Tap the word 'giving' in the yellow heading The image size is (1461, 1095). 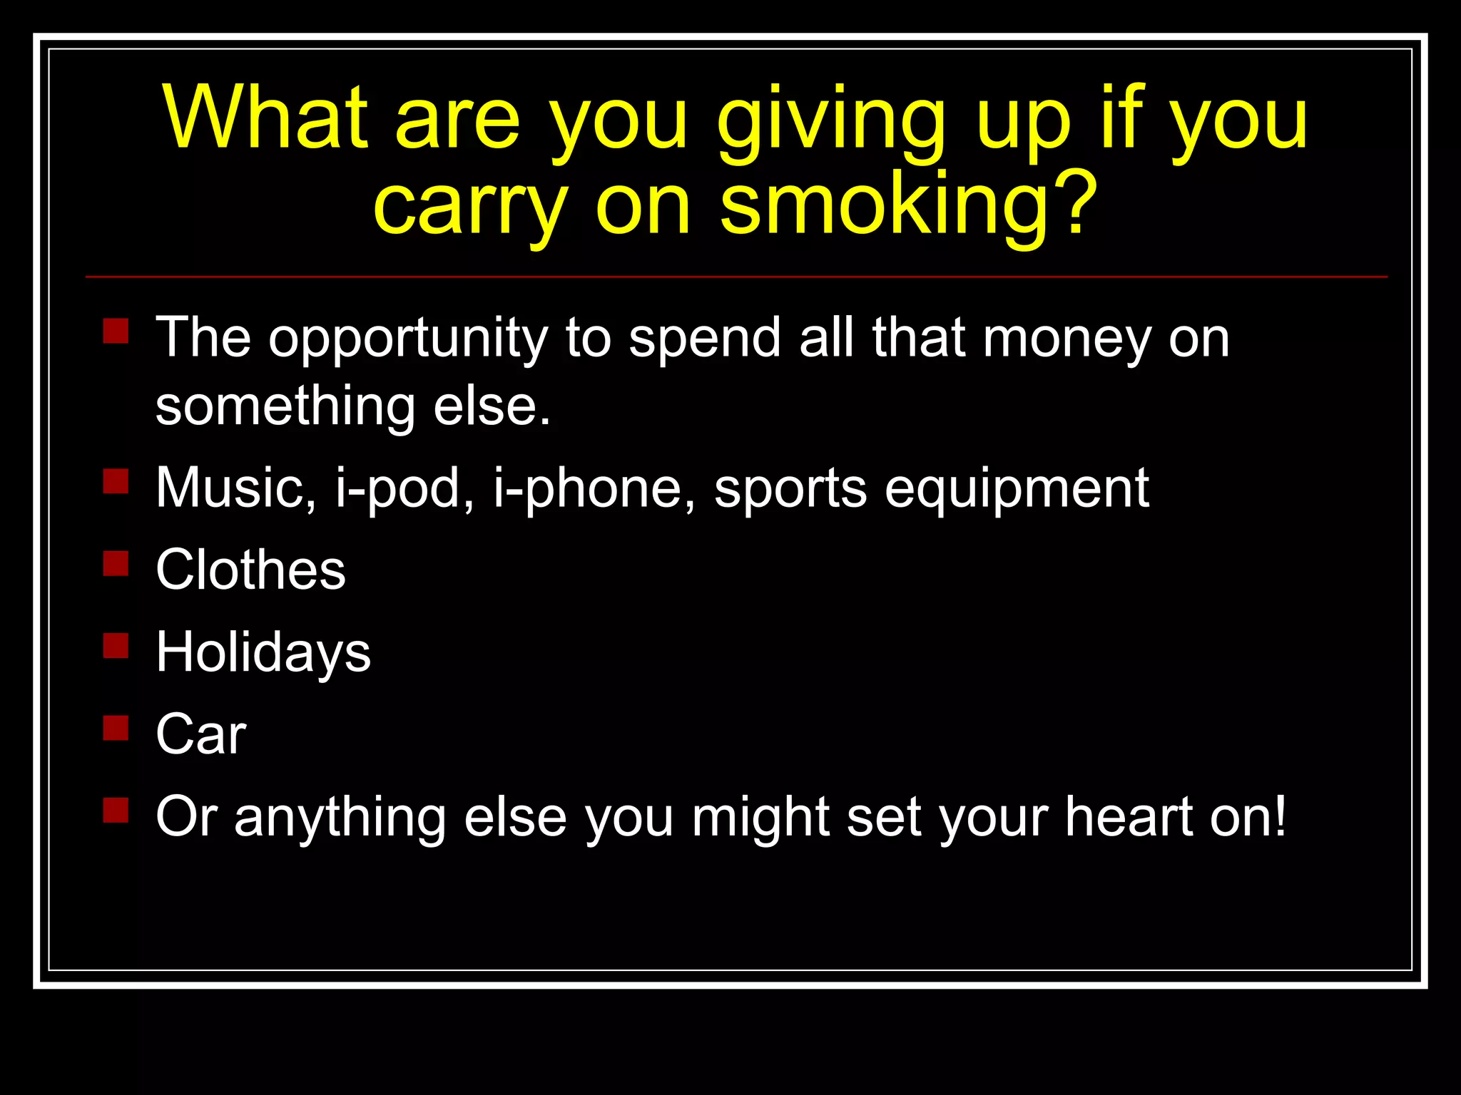click(832, 121)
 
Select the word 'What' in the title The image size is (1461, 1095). click(265, 118)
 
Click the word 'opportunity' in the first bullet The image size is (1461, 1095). click(407, 339)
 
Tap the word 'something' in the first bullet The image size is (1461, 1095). click(285, 408)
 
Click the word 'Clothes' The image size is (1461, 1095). click(250, 570)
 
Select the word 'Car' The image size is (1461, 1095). click(201, 734)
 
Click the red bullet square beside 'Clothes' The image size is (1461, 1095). click(116, 563)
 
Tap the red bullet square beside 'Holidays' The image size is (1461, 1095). click(116, 646)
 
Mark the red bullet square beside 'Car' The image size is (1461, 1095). click(116, 728)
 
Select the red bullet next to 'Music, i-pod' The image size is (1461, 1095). click(116, 481)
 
